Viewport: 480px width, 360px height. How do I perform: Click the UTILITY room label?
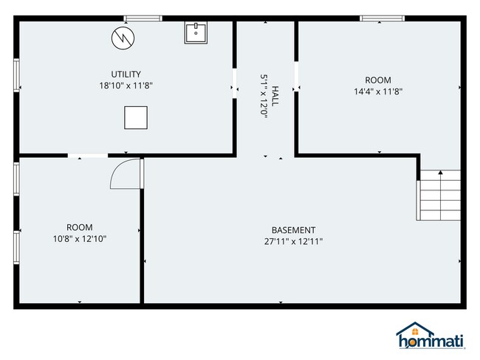[126, 74]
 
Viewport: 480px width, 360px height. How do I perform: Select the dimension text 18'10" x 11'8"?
[126, 86]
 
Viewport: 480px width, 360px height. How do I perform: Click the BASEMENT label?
[293, 230]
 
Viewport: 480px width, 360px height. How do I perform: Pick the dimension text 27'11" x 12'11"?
[293, 241]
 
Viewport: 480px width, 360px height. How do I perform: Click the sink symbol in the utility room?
[196, 32]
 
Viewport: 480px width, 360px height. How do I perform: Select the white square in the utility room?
[135, 117]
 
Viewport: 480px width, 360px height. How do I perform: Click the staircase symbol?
[439, 195]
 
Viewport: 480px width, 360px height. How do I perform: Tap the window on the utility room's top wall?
[143, 18]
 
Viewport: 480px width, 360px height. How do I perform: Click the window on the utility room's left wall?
[16, 74]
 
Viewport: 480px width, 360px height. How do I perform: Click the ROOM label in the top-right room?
[378, 80]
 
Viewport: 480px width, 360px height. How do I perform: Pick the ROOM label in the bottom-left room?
[79, 227]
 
